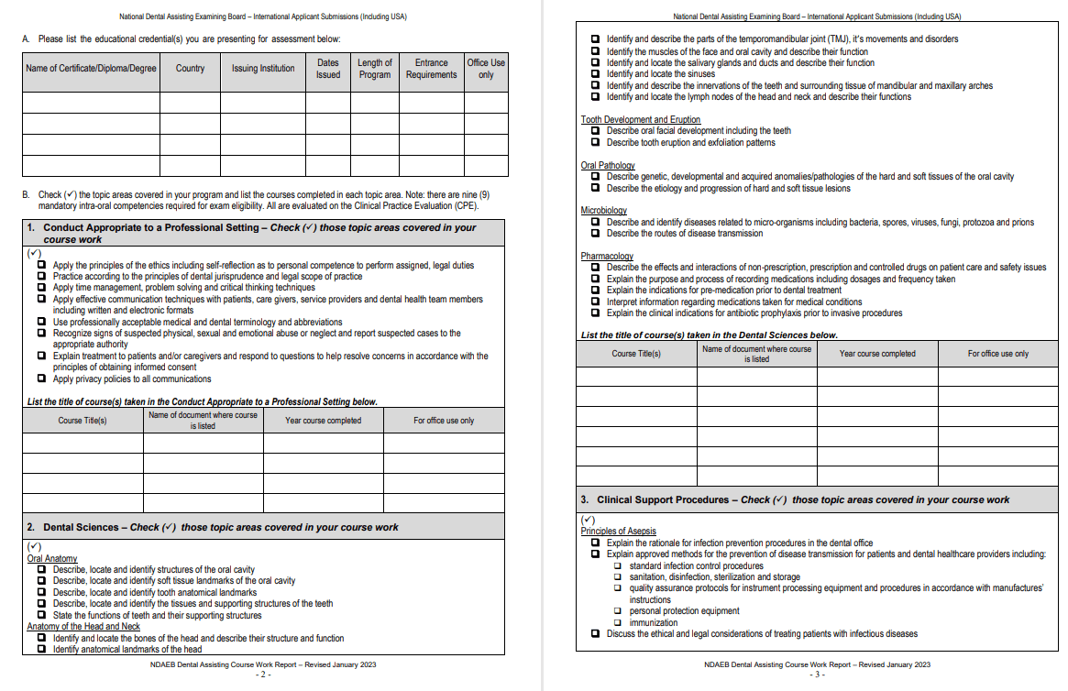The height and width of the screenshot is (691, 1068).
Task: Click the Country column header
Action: pyautogui.click(x=190, y=69)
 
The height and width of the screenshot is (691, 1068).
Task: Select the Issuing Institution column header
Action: pyautogui.click(x=263, y=69)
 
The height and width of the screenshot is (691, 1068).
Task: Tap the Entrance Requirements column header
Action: pyautogui.click(x=431, y=69)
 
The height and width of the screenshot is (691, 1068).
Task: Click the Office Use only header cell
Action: pyautogui.click(x=486, y=69)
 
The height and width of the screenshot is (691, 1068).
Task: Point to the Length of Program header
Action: pyautogui.click(x=374, y=69)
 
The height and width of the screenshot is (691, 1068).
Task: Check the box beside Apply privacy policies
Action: pyautogui.click(x=42, y=378)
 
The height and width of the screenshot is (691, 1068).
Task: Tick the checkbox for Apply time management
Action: pyautogui.click(x=42, y=288)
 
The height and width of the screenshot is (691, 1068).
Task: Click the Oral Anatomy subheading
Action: pyautogui.click(x=52, y=558)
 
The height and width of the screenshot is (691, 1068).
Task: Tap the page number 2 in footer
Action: pyautogui.click(x=263, y=674)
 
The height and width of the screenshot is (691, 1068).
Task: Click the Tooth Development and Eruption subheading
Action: pyautogui.click(x=640, y=119)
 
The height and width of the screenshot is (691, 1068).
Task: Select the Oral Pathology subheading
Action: pyautogui.click(x=608, y=165)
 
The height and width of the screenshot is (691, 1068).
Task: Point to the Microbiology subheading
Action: pyautogui.click(x=603, y=211)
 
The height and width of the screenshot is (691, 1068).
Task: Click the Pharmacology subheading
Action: pyautogui.click(x=607, y=257)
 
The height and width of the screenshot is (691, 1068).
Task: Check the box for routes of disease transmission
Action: pyautogui.click(x=596, y=234)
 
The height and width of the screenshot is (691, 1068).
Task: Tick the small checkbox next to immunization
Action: pyautogui.click(x=619, y=622)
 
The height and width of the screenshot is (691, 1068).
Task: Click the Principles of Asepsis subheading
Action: pyautogui.click(x=618, y=532)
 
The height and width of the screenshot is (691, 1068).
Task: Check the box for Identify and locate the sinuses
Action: pyautogui.click(x=596, y=74)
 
